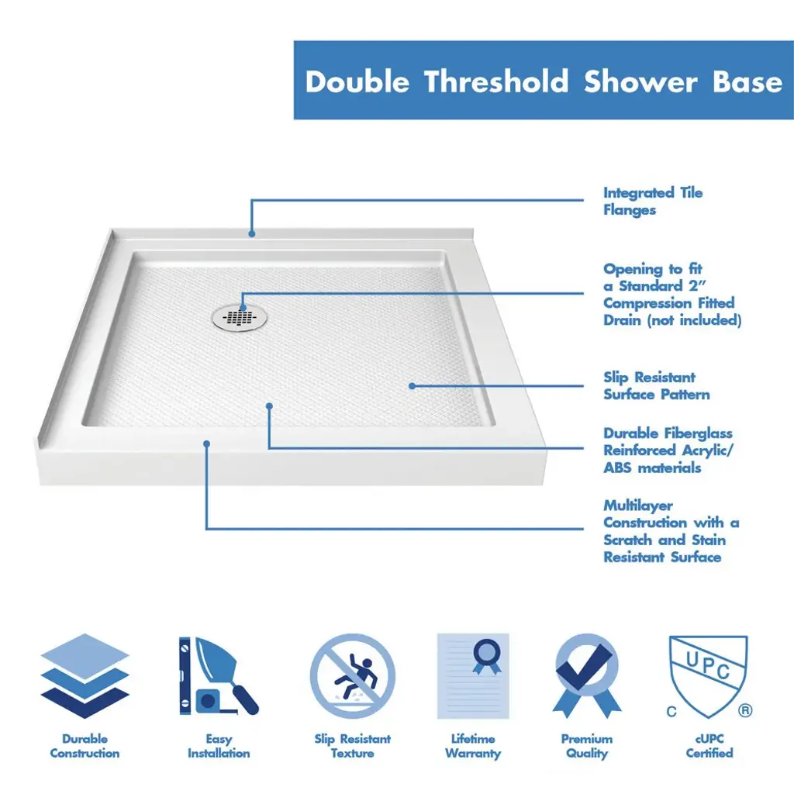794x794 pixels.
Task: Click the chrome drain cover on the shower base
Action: pyautogui.click(x=239, y=318)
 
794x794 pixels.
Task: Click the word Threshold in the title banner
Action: pyautogui.click(x=497, y=81)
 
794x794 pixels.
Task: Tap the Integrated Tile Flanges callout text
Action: pyautogui.click(x=653, y=201)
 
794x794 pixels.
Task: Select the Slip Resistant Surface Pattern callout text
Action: pyautogui.click(x=656, y=386)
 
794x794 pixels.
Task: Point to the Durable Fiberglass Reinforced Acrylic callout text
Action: pyautogui.click(x=668, y=451)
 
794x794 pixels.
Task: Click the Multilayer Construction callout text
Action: pyautogui.click(x=671, y=531)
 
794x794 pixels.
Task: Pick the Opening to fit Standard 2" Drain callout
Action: pyautogui.click(x=672, y=294)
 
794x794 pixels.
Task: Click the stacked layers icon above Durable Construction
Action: pyautogui.click(x=85, y=676)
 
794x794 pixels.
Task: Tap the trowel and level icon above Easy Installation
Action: pyautogui.click(x=219, y=676)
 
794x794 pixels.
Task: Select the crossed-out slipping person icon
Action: pyautogui.click(x=353, y=676)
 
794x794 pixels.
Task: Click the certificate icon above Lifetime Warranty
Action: pyautogui.click(x=473, y=676)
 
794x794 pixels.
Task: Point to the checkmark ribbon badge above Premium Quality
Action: pyautogui.click(x=587, y=676)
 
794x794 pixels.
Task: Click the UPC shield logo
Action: pyautogui.click(x=708, y=676)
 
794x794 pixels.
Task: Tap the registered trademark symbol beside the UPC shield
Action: pyautogui.click(x=745, y=710)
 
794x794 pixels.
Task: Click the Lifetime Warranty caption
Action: pyautogui.click(x=473, y=746)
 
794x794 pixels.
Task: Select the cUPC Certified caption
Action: pyautogui.click(x=709, y=746)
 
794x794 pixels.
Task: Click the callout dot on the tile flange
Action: pyautogui.click(x=252, y=233)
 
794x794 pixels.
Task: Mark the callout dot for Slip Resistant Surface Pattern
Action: pyautogui.click(x=412, y=386)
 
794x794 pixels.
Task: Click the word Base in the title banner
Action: pyautogui.click(x=747, y=81)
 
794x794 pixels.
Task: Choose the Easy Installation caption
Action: pyautogui.click(x=219, y=746)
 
